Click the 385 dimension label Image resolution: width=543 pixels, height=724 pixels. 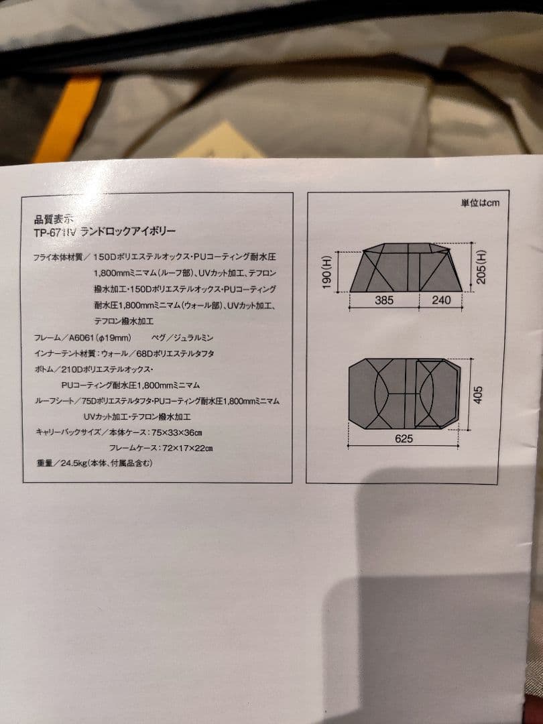point(384,301)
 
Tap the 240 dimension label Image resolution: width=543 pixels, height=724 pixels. point(441,301)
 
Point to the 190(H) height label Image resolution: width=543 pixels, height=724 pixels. point(327,271)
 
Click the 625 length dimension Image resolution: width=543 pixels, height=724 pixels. point(404,439)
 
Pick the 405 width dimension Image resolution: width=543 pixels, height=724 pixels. point(478,394)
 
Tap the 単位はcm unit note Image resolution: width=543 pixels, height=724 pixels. point(480,202)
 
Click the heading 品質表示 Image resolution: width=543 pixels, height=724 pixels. point(56,219)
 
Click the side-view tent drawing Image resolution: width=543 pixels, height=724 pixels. point(406,268)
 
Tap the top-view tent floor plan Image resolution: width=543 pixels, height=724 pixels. point(404,394)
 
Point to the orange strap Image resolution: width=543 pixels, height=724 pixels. point(67,119)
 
